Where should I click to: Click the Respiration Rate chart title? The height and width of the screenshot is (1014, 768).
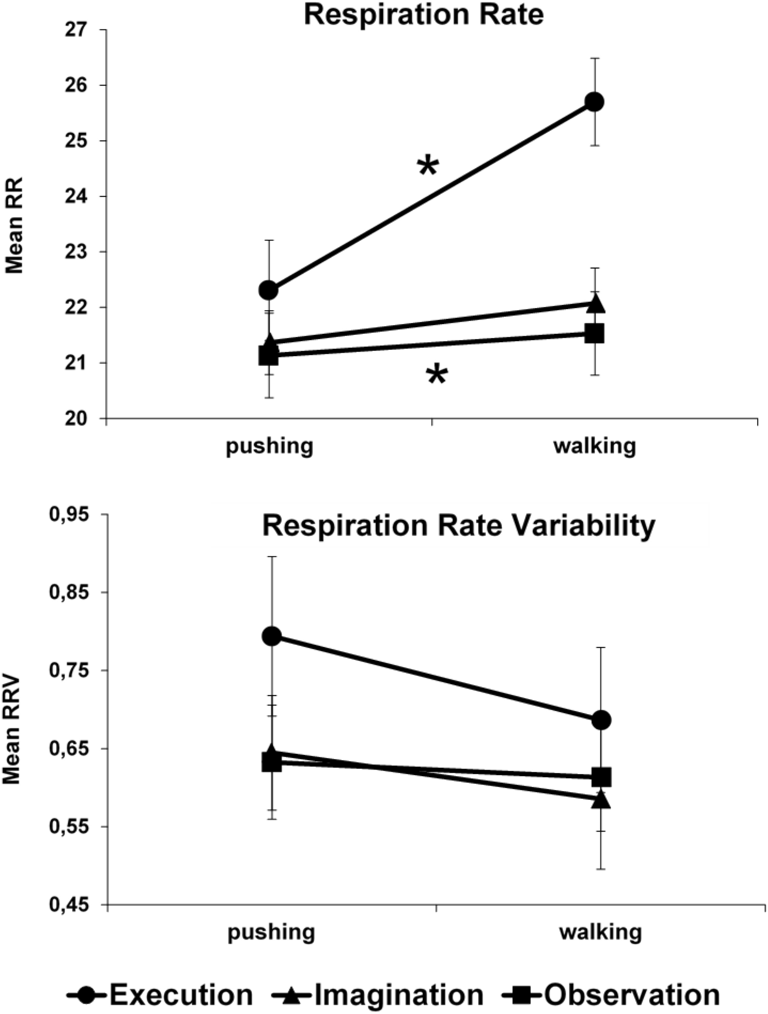pyautogui.click(x=423, y=14)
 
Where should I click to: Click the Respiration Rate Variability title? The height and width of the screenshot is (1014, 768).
pyautogui.click(x=458, y=526)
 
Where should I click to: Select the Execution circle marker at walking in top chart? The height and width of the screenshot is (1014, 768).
pyautogui.click(x=595, y=102)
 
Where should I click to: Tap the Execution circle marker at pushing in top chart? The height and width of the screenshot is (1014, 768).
pyautogui.click(x=268, y=290)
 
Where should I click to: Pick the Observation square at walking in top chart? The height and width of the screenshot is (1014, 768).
pyautogui.click(x=594, y=333)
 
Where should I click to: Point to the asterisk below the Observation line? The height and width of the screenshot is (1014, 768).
pyautogui.click(x=437, y=375)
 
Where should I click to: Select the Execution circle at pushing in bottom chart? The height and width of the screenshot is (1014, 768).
pyautogui.click(x=272, y=636)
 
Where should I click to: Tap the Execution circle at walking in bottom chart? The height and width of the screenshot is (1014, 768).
pyautogui.click(x=601, y=719)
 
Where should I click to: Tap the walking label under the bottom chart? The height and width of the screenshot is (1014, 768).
pyautogui.click(x=601, y=932)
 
